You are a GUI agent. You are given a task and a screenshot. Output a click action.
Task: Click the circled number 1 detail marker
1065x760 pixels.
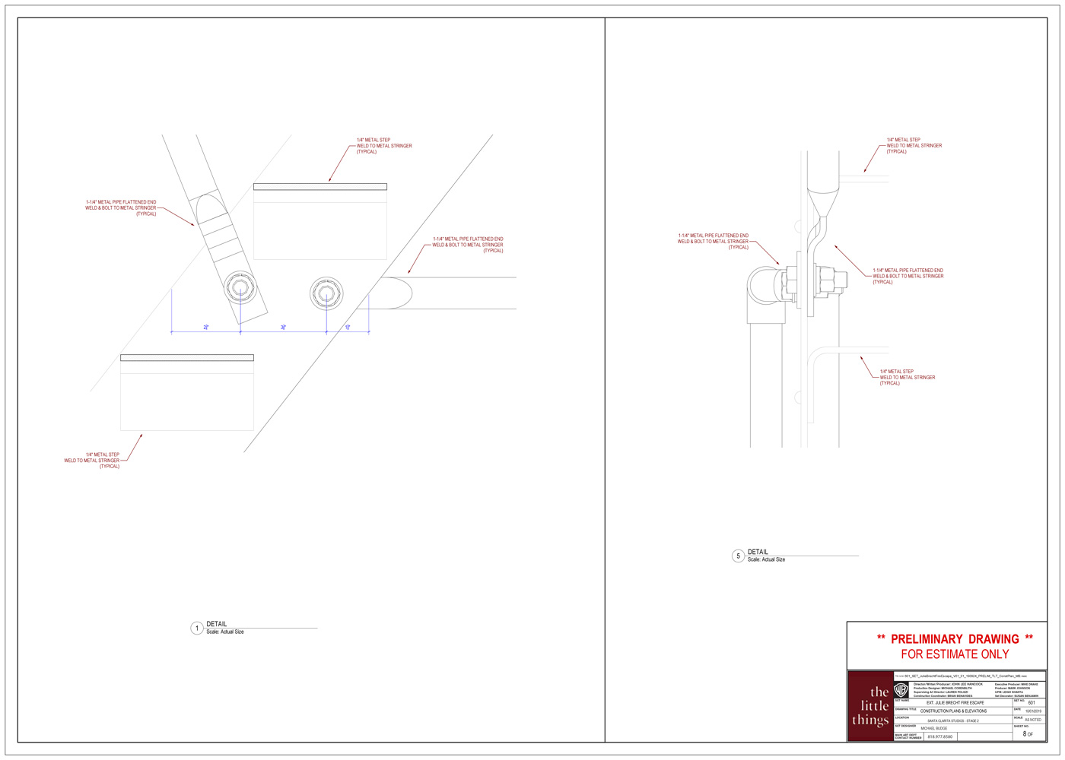click(x=197, y=629)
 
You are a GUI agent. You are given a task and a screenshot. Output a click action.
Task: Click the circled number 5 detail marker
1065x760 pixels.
click(x=738, y=556)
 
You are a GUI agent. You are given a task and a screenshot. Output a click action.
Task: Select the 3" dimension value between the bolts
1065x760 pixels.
click(x=283, y=328)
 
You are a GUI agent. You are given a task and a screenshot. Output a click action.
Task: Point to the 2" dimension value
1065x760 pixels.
click(x=206, y=328)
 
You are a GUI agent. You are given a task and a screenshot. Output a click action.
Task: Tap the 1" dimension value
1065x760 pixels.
click(x=348, y=328)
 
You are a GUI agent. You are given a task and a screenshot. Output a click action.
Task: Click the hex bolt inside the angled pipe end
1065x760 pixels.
click(x=240, y=288)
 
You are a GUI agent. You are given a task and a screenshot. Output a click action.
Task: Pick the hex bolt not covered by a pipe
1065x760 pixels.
click(x=326, y=292)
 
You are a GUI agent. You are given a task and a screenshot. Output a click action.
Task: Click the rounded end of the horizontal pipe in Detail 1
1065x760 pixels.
click(x=396, y=293)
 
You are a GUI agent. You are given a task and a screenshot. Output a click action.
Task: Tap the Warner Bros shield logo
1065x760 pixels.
click(x=901, y=690)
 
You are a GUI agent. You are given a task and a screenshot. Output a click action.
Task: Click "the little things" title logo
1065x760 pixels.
click(x=870, y=707)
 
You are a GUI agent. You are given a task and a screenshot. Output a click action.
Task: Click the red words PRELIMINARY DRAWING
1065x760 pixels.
click(x=955, y=639)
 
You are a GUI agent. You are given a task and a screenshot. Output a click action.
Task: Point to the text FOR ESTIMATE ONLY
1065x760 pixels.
click(x=955, y=654)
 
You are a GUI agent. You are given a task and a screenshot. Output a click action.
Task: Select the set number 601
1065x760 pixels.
click(x=1031, y=703)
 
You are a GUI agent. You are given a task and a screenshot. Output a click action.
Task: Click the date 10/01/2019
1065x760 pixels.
click(x=1032, y=711)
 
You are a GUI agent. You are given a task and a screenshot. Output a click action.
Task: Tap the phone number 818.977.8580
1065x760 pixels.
click(x=939, y=736)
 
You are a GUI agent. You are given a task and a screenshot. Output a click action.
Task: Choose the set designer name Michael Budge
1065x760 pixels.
click(x=934, y=728)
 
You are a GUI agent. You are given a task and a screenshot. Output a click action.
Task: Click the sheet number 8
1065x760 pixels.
click(x=1025, y=734)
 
